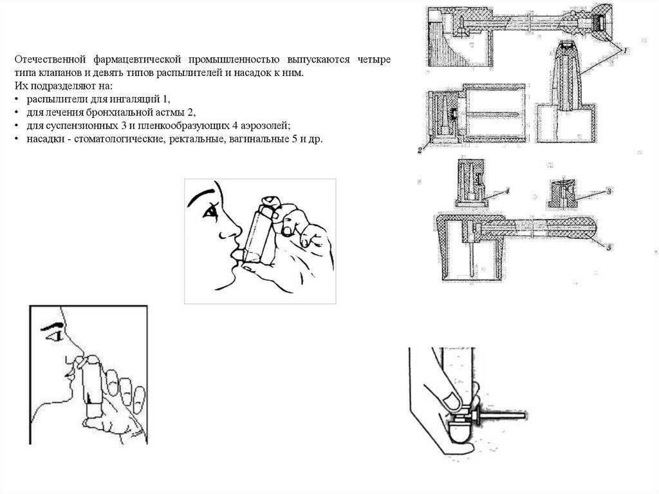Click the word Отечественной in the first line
47,60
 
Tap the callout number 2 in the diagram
419,149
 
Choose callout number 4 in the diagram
507,191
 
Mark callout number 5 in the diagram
609,247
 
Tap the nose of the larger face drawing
230,231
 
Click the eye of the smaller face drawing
57,336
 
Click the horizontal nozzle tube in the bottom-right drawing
505,412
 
